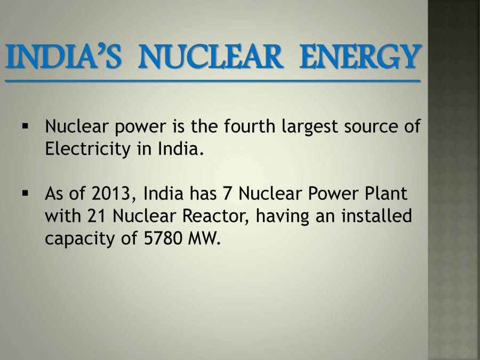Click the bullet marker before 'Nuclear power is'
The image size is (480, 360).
point(25,127)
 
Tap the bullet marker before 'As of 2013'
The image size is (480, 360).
point(25,194)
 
